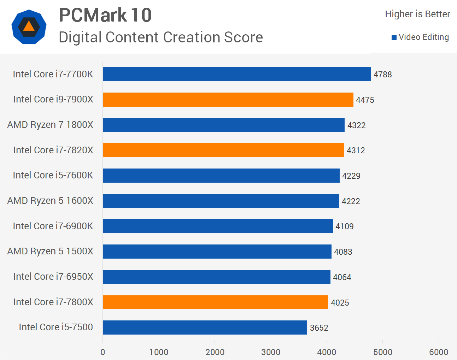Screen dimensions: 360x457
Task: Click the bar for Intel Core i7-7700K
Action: pos(236,74)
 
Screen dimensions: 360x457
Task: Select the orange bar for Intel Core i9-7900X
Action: pos(228,100)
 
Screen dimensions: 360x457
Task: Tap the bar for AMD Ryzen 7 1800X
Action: pos(223,125)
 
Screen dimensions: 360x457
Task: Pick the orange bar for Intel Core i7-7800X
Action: pos(215,302)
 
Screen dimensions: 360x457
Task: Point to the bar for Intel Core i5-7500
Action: pos(205,327)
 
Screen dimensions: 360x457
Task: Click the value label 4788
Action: pos(383,75)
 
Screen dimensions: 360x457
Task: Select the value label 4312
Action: pos(356,151)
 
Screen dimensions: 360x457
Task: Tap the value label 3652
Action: pos(319,328)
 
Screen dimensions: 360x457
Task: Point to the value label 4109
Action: pos(345,226)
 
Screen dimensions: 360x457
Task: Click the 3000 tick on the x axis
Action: pos(271,352)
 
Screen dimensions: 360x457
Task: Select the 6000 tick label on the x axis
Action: pos(439,352)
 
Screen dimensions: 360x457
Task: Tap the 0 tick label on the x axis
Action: pos(103,352)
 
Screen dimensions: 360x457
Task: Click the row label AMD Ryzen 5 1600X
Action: pos(50,201)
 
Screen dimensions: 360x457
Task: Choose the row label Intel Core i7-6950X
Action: pos(53,277)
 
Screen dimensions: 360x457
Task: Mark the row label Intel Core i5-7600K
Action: pos(53,175)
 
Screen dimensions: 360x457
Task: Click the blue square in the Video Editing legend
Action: pos(394,37)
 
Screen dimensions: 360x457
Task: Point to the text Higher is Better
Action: pos(417,14)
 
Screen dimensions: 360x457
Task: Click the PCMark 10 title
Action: pos(105,15)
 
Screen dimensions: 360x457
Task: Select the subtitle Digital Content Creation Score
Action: pos(161,37)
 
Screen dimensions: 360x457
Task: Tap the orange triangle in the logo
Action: pos(29,26)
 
